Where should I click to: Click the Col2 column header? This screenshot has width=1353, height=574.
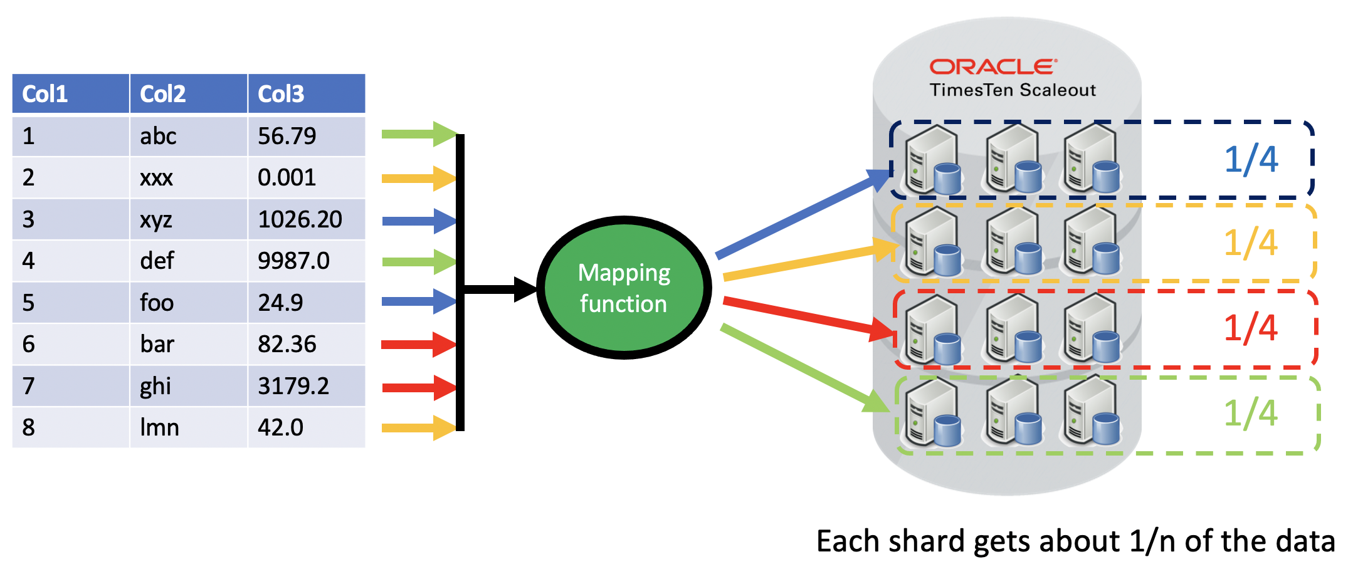tap(188, 94)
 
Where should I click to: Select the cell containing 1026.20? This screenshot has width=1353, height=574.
tap(306, 219)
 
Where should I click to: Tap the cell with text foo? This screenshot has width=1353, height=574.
tap(188, 303)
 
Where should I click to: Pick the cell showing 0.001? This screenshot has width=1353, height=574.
tap(306, 177)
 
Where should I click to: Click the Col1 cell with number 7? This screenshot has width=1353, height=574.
tap(70, 386)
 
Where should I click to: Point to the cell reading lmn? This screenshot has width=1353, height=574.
tap(188, 427)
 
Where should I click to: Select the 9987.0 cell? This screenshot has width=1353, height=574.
tap(306, 261)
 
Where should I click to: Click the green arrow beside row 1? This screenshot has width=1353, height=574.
tap(418, 134)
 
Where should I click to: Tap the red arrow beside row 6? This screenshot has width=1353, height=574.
tap(418, 344)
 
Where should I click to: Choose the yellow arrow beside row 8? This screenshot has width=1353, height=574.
tap(418, 428)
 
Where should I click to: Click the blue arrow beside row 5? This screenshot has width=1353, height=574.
tap(418, 301)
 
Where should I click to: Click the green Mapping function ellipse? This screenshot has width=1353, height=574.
tap(624, 288)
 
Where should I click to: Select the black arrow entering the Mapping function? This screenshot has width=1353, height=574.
tap(498, 289)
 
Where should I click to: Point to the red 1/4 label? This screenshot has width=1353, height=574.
tap(1250, 328)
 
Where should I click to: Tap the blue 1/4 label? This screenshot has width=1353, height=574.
tap(1251, 159)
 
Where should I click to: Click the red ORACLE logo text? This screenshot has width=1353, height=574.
tap(993, 67)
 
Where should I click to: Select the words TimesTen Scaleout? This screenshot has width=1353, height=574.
tap(1013, 90)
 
